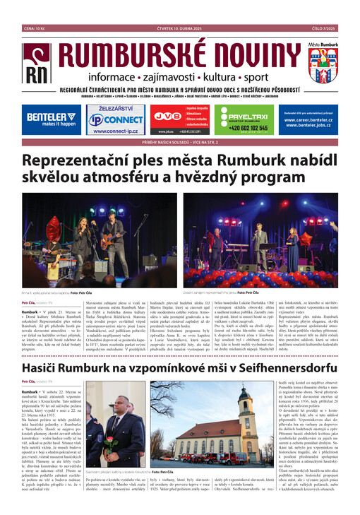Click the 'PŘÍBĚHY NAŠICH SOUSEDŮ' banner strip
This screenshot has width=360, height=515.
179,141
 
